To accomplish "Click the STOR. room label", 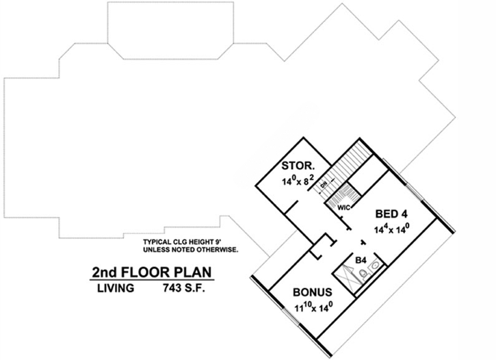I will pos(298,166).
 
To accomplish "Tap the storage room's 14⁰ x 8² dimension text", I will pos(298,182).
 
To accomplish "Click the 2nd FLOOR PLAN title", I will pos(153,272).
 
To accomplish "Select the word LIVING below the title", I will pos(114,288).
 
